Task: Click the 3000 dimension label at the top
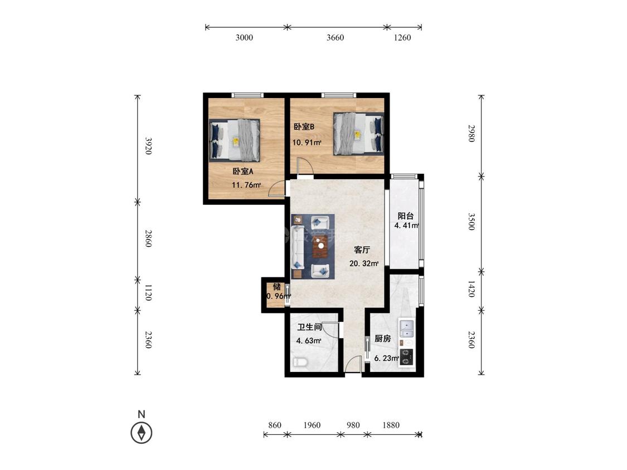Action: (244, 37)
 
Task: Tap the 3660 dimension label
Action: (335, 37)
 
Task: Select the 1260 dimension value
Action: (402, 37)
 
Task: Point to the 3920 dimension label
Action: (148, 146)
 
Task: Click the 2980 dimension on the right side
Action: (472, 134)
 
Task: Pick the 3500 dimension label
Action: (472, 222)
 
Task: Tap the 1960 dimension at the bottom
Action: (312, 425)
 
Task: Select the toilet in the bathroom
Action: (300, 363)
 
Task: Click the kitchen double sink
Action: (406, 329)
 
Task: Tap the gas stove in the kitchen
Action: (407, 357)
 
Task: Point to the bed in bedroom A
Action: (235, 140)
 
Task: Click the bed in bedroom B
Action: (359, 134)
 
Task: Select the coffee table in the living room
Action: (320, 247)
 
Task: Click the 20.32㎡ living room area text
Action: (364, 264)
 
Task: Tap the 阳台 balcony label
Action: (406, 216)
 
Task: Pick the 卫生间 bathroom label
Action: (310, 327)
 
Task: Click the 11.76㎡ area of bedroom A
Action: (246, 185)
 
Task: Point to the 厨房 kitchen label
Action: (383, 339)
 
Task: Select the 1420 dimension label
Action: (472, 288)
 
